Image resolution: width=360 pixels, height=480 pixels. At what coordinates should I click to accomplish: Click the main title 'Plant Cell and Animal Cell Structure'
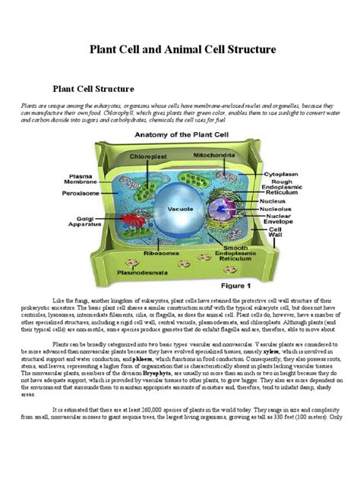click(179, 50)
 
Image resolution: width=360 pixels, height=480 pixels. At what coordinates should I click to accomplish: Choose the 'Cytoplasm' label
click(279, 172)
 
